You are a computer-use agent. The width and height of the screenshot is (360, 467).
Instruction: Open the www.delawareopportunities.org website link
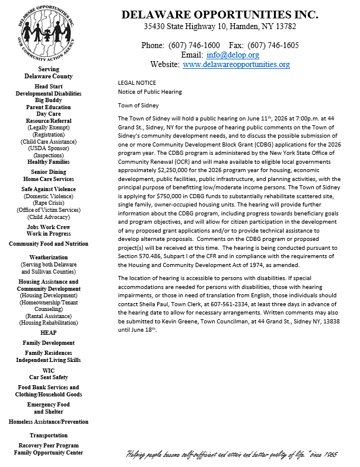tap(236, 65)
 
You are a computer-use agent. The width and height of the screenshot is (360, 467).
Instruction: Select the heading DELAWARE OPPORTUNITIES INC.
tap(220, 15)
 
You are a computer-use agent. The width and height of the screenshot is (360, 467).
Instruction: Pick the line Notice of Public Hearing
tap(150, 92)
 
